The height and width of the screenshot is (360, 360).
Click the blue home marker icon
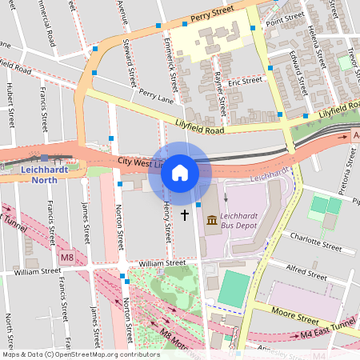(x=180, y=172)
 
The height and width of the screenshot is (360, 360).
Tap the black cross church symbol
(x=185, y=214)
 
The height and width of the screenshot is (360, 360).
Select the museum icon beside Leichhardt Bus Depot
(x=211, y=219)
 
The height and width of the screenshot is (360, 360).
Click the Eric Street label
(x=245, y=81)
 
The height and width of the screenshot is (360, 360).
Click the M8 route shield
(x=66, y=258)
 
